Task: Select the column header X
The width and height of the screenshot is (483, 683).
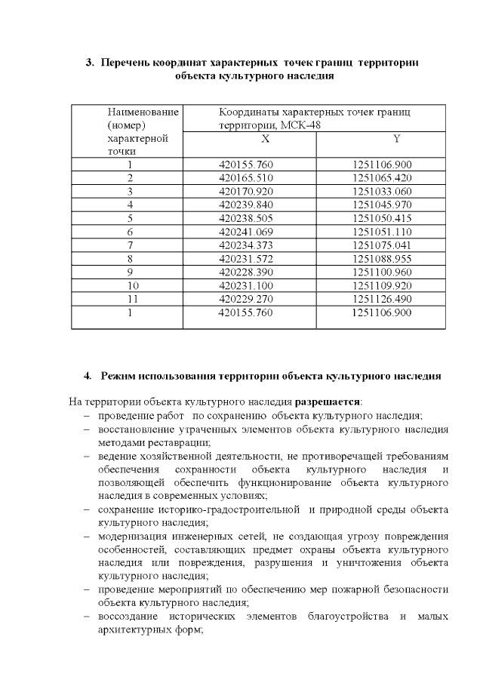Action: pos(265,140)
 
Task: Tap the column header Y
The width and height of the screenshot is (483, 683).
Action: pos(396,140)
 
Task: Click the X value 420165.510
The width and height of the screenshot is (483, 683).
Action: pos(245,177)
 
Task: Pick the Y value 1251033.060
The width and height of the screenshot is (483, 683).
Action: pos(381,191)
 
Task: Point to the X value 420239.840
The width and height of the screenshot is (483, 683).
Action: pos(245,204)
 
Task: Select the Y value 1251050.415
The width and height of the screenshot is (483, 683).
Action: pos(381,217)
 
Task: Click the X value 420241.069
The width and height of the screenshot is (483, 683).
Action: pos(245,231)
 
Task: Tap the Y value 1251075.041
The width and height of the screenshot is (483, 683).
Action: pos(381,245)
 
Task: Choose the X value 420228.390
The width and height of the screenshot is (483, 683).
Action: pos(245,271)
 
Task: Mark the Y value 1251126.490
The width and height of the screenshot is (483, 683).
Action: pos(381,298)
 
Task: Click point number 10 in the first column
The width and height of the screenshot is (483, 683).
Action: pos(134,285)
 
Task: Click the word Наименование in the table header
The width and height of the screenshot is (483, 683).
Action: pos(143,112)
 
